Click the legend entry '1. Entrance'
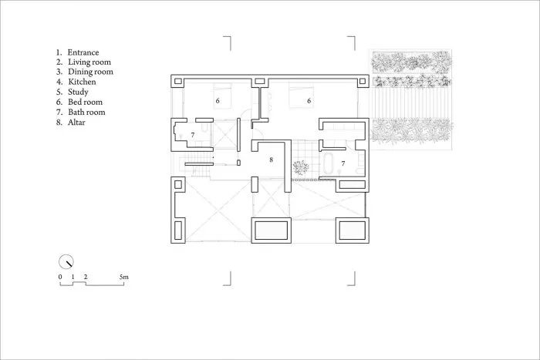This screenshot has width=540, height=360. [x=83, y=52]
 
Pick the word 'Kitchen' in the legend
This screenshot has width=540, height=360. [x=82, y=82]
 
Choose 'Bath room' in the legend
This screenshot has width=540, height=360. [x=86, y=112]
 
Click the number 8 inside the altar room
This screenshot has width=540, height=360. [x=271, y=160]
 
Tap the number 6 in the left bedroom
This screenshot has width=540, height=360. [x=218, y=100]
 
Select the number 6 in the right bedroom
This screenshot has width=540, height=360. [x=309, y=100]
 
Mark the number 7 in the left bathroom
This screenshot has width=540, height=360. [x=193, y=135]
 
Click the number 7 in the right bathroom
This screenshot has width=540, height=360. [x=343, y=163]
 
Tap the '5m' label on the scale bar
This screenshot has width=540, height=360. [x=123, y=276]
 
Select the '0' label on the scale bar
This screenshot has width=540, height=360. [x=60, y=276]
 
